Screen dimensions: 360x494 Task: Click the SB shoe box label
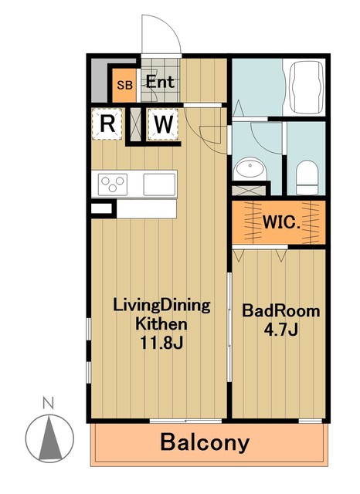(x=125, y=85)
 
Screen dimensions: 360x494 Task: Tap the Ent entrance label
(x=160, y=83)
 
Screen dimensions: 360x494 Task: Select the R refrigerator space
(x=107, y=123)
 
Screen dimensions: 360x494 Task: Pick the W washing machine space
(x=163, y=124)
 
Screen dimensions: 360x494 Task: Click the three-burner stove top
(x=113, y=184)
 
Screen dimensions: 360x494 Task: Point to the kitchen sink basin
(x=159, y=184)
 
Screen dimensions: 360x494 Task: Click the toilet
(x=307, y=178)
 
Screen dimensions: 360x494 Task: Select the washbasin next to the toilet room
(x=250, y=168)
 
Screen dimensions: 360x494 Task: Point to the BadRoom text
(x=281, y=311)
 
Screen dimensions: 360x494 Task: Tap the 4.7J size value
(x=281, y=330)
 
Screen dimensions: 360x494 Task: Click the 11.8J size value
(x=161, y=343)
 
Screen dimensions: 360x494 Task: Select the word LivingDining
(x=161, y=306)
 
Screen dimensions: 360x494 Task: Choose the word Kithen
(x=161, y=324)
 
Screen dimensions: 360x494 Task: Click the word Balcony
(x=205, y=443)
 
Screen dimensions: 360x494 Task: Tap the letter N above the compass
(x=48, y=402)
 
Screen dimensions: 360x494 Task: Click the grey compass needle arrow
(x=49, y=438)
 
